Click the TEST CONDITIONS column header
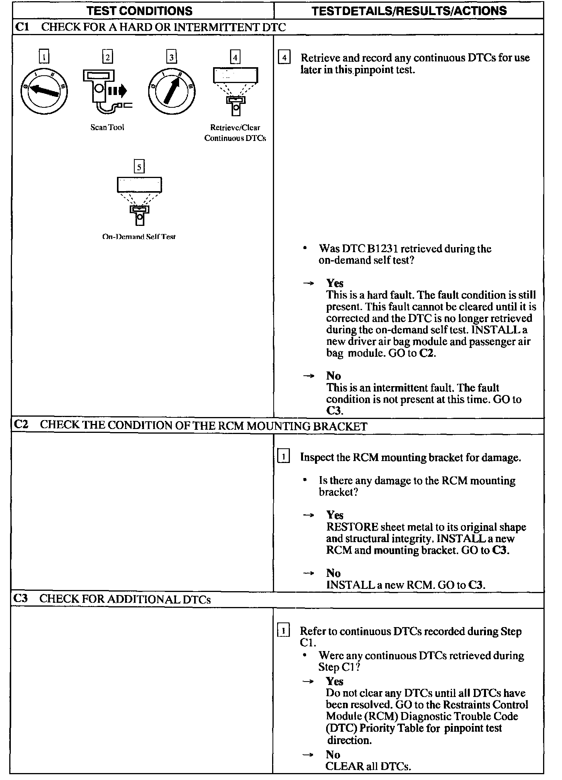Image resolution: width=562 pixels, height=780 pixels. [x=139, y=10]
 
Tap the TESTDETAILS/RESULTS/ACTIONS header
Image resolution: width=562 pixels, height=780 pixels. [x=409, y=10]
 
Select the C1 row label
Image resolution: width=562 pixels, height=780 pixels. [x=22, y=27]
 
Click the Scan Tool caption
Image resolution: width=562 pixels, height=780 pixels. [x=107, y=127]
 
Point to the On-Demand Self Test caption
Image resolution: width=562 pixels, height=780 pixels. [x=139, y=237]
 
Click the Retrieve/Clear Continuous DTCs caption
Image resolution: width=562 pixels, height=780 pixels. [x=235, y=132]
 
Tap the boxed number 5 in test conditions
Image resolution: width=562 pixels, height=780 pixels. [x=139, y=167]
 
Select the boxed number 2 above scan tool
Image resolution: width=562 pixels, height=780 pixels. [x=107, y=58]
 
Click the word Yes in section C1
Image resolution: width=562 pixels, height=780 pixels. [x=335, y=283]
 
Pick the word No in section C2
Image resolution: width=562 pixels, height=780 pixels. [x=333, y=573]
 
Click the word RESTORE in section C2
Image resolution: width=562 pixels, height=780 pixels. [x=352, y=527]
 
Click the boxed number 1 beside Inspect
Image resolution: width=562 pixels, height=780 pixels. [x=284, y=457]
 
